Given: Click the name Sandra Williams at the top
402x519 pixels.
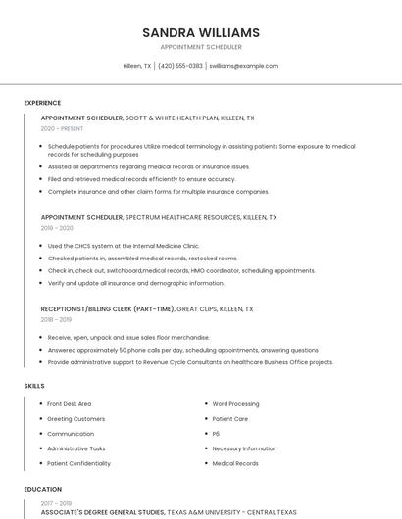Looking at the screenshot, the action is (200, 32).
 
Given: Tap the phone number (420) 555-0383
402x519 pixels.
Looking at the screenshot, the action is (180, 66).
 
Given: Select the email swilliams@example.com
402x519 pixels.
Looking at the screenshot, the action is (244, 66).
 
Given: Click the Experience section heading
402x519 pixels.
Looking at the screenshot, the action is (42, 103).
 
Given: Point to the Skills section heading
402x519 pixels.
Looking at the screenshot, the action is (34, 386).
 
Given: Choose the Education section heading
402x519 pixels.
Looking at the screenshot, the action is (43, 489).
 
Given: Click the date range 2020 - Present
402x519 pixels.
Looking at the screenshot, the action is (62, 129).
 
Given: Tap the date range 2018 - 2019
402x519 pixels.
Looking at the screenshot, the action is (56, 319).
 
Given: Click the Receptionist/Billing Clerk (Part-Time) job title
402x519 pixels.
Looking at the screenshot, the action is (108, 308).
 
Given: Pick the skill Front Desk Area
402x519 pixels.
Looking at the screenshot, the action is (70, 403).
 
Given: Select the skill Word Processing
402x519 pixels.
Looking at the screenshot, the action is (235, 403).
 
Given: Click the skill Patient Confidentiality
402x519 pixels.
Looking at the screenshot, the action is (78, 463).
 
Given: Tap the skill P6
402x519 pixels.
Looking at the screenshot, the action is (217, 434).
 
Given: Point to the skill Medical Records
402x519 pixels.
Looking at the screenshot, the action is (235, 463).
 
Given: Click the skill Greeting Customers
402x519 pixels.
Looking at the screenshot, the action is (75, 419).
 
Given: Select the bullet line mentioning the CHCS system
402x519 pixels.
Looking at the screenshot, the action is (123, 246).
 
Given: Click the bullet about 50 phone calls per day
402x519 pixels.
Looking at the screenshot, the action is (182, 350).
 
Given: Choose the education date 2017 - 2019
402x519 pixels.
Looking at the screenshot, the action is (56, 503).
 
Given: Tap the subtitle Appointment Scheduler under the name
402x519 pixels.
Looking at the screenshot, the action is (200, 47).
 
